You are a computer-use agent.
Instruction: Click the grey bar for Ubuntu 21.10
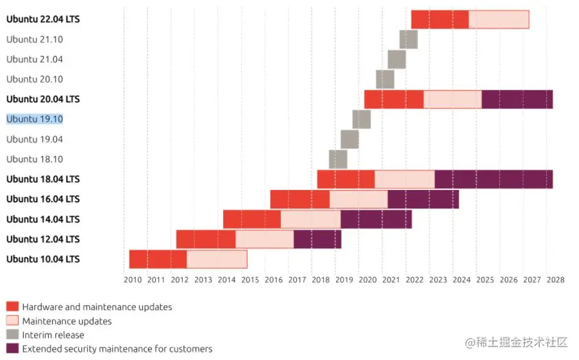408,39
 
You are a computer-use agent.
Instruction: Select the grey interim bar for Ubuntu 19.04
349,139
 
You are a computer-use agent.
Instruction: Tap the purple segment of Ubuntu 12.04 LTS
317,239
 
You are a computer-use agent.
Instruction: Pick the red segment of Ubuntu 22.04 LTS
440,20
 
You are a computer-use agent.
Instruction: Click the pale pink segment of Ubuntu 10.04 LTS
217,259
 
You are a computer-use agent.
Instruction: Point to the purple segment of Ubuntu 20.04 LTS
517,99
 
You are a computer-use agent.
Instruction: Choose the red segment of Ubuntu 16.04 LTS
299,199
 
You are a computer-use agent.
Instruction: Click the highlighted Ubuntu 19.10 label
35,119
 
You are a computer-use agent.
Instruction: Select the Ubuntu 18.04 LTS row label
43,179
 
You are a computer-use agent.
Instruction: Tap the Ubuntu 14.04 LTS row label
43,219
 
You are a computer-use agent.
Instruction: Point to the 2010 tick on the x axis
133,280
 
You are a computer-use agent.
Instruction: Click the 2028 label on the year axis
555,280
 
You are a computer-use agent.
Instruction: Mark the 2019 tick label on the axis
344,280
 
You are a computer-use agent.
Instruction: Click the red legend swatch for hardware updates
12,307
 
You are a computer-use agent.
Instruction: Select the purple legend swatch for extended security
12,348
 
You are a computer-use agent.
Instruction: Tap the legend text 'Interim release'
53,335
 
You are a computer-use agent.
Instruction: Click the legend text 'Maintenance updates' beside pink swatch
67,321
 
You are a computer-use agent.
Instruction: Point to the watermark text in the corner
517,343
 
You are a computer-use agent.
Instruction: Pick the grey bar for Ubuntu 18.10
338,159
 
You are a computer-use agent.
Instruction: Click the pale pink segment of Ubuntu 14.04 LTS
310,219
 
